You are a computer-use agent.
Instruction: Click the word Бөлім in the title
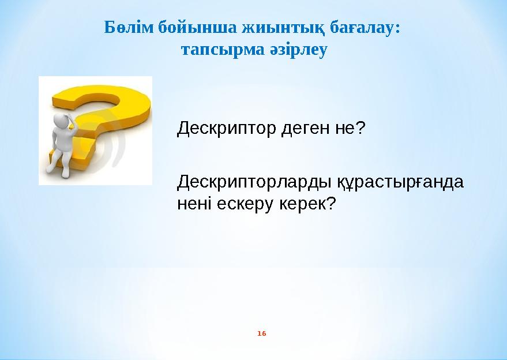[x=122, y=27]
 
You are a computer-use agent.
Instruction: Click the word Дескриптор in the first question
[x=226, y=127]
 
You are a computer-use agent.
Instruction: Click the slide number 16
[x=262, y=334]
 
